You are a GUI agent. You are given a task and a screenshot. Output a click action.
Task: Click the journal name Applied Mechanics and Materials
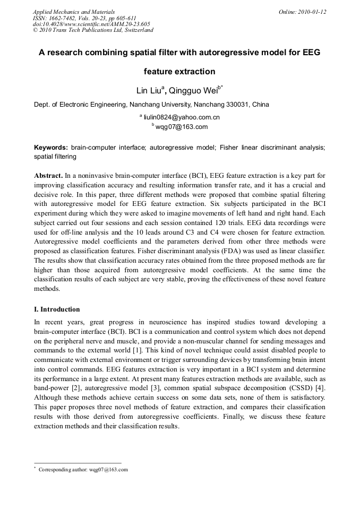(x=74, y=11)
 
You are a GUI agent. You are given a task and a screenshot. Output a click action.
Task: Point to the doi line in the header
(x=91, y=24)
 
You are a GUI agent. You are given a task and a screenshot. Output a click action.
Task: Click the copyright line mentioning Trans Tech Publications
(x=93, y=30)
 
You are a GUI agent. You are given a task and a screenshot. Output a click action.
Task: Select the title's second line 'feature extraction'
(x=179, y=71)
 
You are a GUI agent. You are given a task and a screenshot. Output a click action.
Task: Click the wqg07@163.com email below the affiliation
(x=182, y=127)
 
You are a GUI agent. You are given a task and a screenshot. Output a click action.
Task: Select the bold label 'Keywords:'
(x=51, y=147)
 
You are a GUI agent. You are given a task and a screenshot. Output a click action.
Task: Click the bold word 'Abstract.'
(x=49, y=175)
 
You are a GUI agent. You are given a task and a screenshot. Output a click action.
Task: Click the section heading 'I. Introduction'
(x=57, y=309)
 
